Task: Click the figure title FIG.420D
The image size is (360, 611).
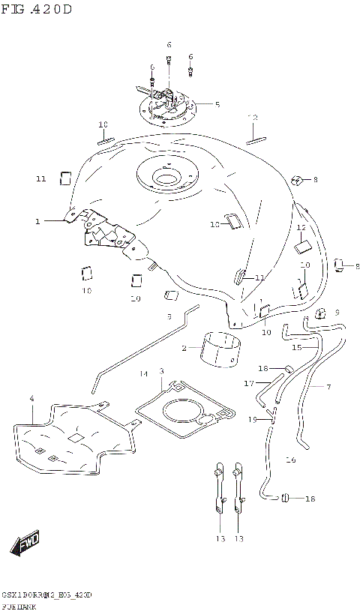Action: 37,10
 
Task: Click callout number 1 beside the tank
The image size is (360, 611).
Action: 36,221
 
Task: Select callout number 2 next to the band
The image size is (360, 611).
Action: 182,348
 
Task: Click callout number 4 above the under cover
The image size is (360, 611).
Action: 31,399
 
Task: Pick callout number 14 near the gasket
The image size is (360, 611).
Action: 143,373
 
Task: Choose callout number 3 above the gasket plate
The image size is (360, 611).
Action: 160,371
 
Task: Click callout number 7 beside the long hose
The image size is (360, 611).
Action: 328,387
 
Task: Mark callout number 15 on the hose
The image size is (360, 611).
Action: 296,347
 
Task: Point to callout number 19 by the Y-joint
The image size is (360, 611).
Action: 253,419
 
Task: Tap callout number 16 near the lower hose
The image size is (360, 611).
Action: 292,460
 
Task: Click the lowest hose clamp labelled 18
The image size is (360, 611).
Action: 286,497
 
